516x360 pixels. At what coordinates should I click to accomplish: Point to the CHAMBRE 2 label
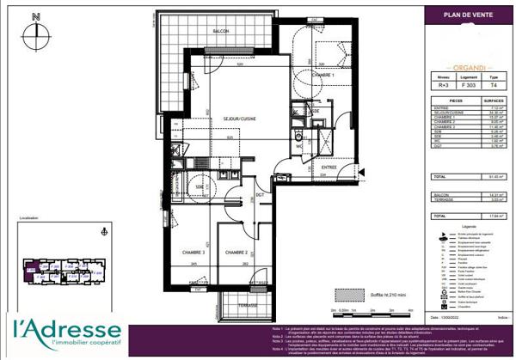pos(236,253)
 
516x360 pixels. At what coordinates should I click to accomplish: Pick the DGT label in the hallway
pos(259,195)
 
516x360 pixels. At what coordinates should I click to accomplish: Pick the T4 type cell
pos(494,84)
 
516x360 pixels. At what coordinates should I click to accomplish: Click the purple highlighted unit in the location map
pos(32,267)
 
